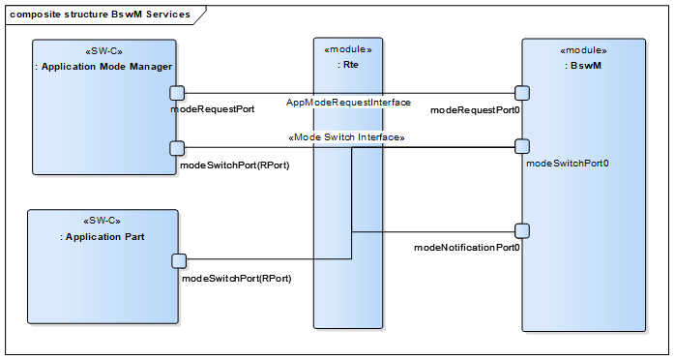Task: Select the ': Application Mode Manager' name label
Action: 103,67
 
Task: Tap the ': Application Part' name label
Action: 103,237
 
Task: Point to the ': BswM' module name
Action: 583,66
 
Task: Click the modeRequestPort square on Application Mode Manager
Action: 177,93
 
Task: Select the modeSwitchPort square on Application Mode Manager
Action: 177,148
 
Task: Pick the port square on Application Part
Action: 179,260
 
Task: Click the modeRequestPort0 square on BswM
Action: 522,93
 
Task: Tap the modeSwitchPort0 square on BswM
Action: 522,147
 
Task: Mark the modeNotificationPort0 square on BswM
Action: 522,231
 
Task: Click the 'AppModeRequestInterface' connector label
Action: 349,103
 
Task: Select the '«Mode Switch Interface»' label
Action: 346,138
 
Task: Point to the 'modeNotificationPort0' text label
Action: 467,248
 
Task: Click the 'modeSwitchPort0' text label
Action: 567,164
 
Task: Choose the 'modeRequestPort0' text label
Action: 476,110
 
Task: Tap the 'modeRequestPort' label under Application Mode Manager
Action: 212,109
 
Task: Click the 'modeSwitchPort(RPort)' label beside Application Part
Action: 236,278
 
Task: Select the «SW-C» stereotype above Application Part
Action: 103,221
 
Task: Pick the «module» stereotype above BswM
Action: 583,50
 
